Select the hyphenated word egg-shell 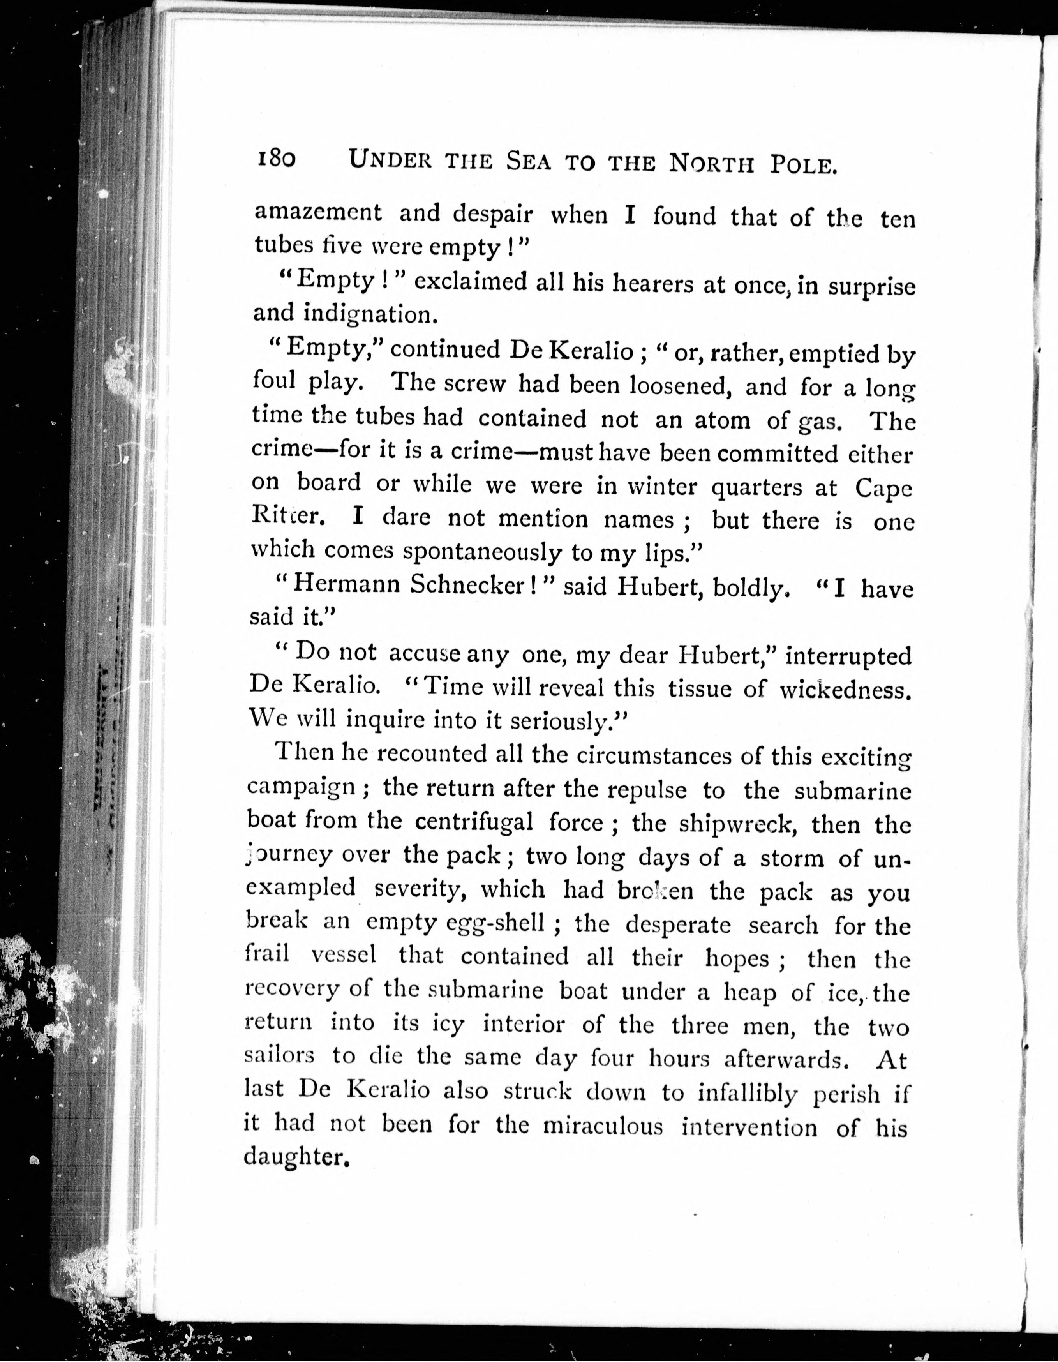(x=496, y=922)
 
